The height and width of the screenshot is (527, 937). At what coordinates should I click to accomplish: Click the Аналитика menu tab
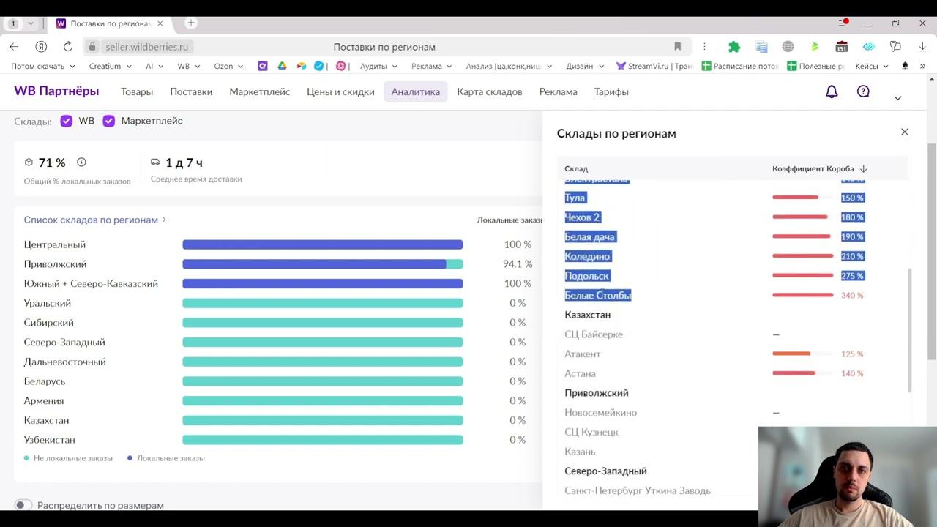[x=415, y=91]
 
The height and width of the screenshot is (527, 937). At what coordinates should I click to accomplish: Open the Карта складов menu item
[x=489, y=91]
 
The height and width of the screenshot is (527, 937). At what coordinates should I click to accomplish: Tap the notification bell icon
[x=832, y=91]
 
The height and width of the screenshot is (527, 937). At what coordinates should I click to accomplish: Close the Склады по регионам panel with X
[x=904, y=132]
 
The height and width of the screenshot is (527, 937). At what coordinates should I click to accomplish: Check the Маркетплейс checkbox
[x=109, y=121]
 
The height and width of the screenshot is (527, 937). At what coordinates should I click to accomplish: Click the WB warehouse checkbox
[x=67, y=121]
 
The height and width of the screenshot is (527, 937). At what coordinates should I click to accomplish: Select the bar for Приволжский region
[x=322, y=264]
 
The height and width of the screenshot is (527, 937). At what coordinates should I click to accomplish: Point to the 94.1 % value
[x=517, y=264]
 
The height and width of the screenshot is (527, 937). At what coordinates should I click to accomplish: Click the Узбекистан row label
[x=49, y=440]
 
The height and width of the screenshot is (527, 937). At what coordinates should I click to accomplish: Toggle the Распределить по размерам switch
[x=23, y=505]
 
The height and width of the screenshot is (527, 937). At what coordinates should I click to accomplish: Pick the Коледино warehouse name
[x=587, y=256]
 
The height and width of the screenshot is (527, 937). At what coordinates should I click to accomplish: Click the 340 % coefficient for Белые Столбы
[x=852, y=296]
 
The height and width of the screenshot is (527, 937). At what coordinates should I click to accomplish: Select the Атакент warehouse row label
[x=582, y=354]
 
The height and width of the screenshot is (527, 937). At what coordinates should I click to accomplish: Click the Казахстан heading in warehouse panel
[x=587, y=315]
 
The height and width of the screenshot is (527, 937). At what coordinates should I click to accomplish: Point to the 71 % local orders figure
[x=52, y=162]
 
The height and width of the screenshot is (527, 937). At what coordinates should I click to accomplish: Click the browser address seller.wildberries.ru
[x=146, y=47]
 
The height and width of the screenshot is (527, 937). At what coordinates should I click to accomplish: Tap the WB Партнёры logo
[x=56, y=91]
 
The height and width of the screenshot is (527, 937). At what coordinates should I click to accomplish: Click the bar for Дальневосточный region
[x=322, y=362]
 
